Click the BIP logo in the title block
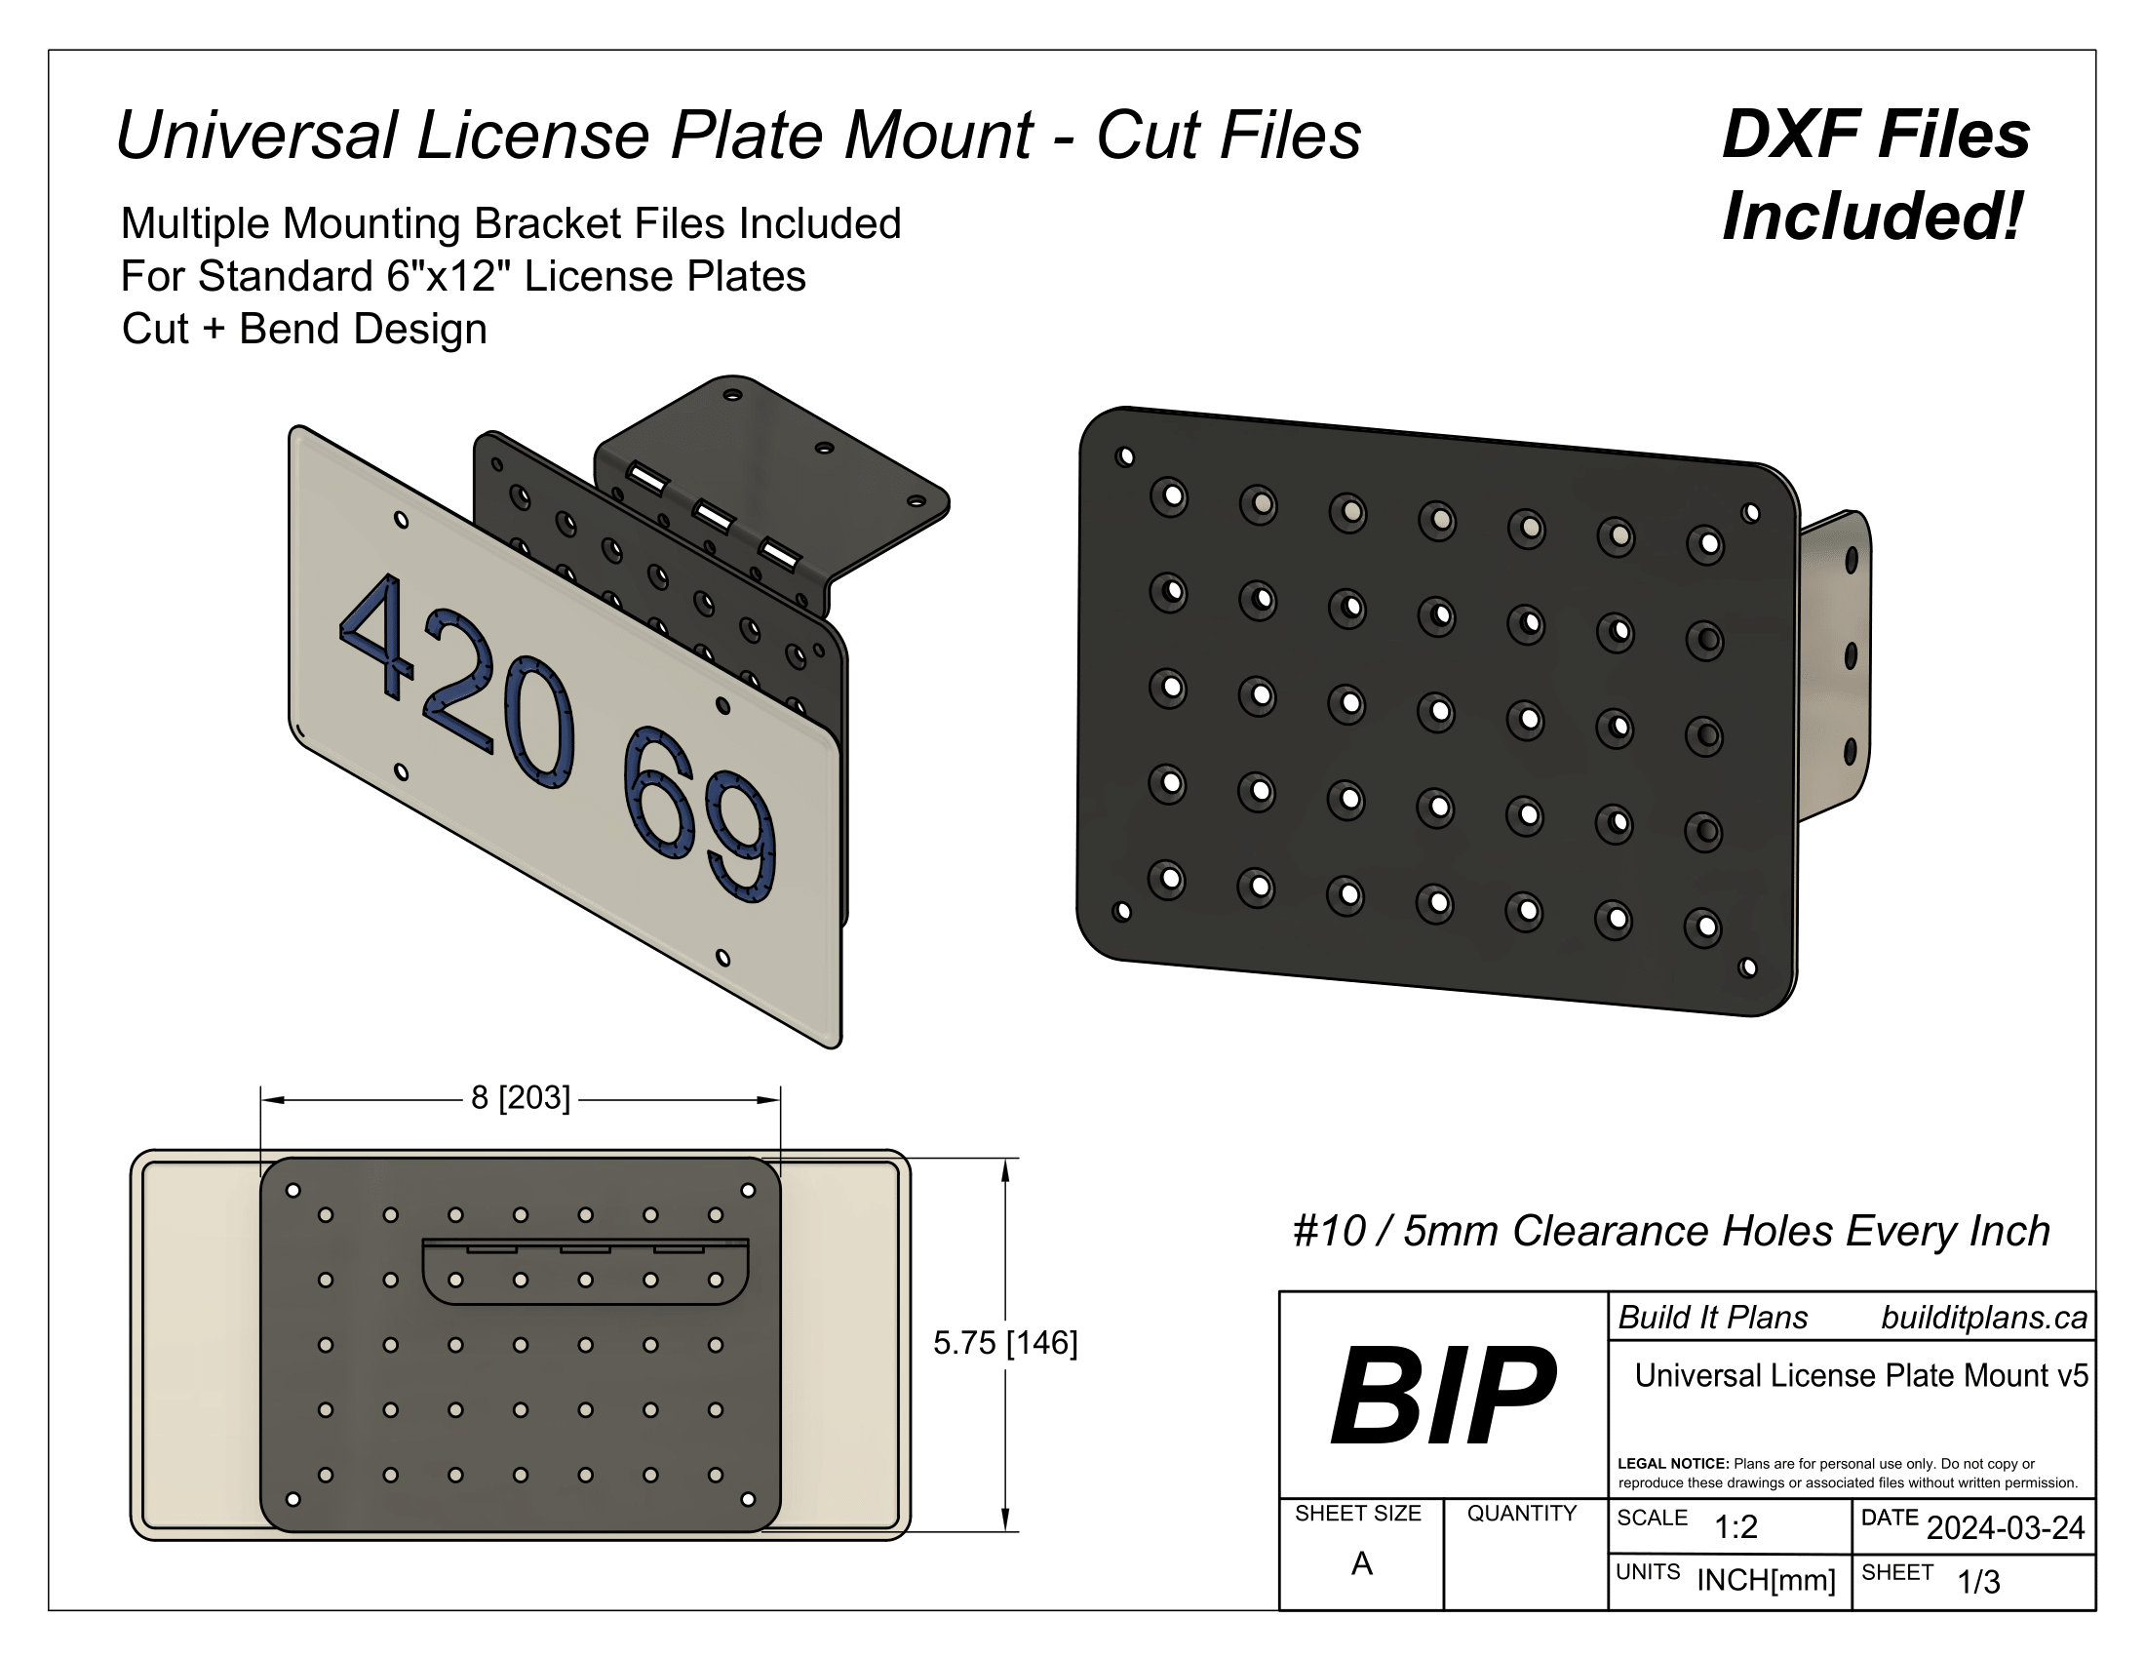point(1442,1396)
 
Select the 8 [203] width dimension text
point(521,1097)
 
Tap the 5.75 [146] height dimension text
point(1004,1343)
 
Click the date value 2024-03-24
point(2006,1527)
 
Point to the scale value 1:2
point(1735,1526)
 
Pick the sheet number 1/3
point(1978,1581)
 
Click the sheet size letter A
point(1361,1562)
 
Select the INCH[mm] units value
point(1766,1579)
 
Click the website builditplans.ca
point(1984,1318)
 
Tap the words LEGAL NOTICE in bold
point(1672,1464)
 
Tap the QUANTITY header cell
point(1521,1513)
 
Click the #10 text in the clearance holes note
point(1329,1231)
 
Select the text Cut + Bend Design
point(304,328)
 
